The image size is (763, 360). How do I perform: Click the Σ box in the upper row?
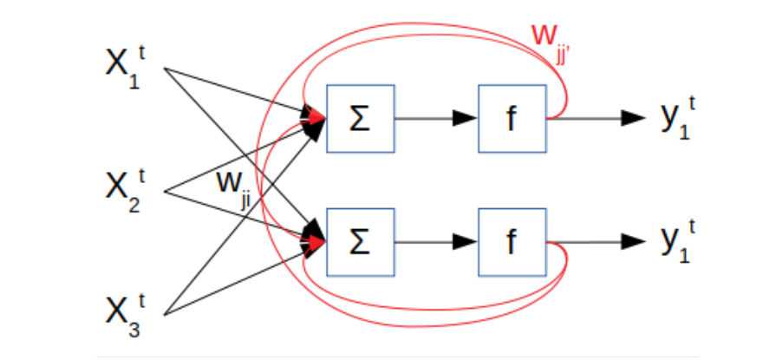[x=360, y=118]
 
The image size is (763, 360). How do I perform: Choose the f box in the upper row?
[x=512, y=118]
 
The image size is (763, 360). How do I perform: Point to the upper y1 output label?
[x=677, y=119]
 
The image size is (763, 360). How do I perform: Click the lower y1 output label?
[x=677, y=242]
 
